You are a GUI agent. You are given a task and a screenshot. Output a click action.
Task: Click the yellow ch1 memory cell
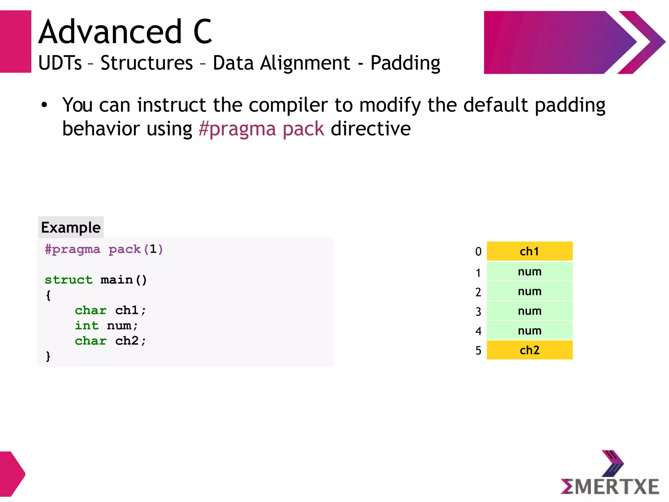529,251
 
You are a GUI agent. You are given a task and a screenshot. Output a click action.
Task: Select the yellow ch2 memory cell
529,350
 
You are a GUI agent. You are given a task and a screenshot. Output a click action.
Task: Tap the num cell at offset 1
529,271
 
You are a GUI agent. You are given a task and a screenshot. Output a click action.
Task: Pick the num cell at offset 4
529,331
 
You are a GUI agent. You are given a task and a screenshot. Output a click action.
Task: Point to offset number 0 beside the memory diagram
478,251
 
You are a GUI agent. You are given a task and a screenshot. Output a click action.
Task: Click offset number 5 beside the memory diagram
478,351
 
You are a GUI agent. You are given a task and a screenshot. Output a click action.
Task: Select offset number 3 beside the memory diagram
478,312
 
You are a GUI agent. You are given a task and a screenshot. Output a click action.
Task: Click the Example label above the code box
71,227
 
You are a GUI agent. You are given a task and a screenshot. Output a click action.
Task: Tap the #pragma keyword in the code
72,249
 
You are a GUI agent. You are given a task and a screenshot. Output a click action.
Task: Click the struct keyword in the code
69,280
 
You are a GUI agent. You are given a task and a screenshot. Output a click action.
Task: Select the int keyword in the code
87,325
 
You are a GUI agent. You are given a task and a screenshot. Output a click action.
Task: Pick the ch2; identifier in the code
130,341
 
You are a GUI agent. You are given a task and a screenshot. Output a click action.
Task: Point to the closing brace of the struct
48,356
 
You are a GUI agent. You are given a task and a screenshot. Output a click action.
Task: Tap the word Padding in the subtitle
405,63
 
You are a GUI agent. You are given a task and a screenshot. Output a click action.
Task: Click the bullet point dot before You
44,105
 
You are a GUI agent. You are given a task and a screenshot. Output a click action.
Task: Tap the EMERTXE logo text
610,486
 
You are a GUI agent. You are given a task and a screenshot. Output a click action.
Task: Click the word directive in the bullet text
371,129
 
